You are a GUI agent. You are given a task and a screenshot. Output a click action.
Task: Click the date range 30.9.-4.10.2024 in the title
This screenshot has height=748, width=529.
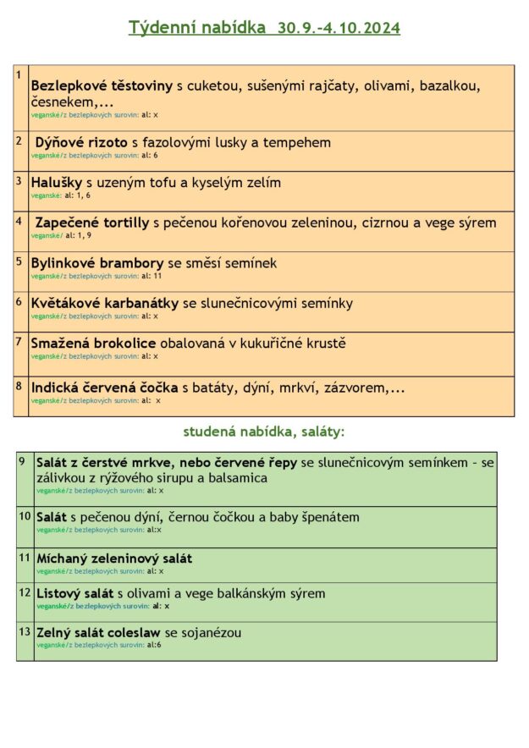point(339,28)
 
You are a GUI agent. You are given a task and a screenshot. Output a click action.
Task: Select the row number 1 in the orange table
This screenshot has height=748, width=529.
point(18,75)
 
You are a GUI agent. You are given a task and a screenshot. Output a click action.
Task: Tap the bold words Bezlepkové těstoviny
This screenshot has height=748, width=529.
point(102,85)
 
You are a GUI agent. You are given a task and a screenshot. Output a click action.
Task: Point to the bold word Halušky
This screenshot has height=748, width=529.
point(57,182)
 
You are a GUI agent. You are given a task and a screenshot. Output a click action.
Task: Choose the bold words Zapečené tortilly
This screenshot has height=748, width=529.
point(92,223)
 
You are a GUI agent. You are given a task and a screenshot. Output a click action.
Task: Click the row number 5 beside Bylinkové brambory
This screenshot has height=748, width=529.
point(19,261)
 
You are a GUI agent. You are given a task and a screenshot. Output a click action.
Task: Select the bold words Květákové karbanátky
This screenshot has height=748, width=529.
point(104,303)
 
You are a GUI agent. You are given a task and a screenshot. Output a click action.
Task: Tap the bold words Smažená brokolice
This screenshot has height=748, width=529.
point(93,343)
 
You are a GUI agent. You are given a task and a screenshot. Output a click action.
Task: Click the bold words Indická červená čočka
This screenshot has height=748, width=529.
point(104,388)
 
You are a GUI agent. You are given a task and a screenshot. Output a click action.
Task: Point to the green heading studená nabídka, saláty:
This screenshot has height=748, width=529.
point(264,432)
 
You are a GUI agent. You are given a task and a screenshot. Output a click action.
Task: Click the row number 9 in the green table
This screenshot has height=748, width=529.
point(23,461)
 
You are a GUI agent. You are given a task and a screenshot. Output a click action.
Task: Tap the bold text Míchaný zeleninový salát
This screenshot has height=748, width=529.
point(114,558)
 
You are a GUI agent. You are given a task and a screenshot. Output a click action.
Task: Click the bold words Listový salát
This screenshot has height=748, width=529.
point(75,593)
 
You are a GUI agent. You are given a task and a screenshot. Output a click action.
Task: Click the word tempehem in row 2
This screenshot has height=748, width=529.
point(296,142)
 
